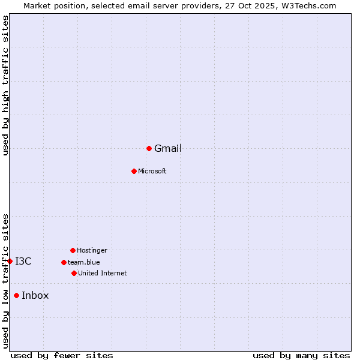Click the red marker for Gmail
point(149,148)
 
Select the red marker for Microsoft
point(134,171)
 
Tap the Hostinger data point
point(73,250)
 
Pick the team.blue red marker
point(64,262)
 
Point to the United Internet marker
point(74,273)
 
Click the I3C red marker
point(10,261)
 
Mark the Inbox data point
point(16,295)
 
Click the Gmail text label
point(168,149)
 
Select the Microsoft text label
point(152,172)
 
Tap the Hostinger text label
point(92,251)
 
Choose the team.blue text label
point(84,263)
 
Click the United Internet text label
point(103,274)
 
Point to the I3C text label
point(23,262)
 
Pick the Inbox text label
point(35,296)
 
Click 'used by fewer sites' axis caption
point(62,356)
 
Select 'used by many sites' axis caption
point(301,356)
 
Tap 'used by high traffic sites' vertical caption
point(6,85)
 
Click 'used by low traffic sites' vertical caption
point(6,280)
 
